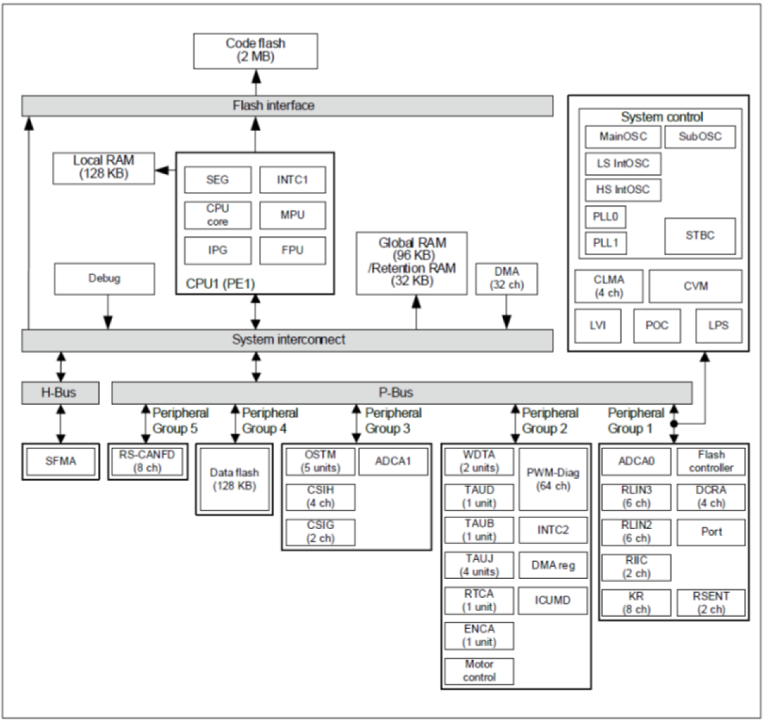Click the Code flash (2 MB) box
tap(255, 51)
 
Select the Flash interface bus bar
tap(287, 106)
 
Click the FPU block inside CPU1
tap(292, 250)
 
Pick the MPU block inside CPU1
tap(292, 215)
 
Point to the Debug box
tap(104, 279)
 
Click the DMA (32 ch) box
tap(506, 279)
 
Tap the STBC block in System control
tap(699, 236)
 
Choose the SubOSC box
tap(699, 137)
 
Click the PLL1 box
tap(605, 243)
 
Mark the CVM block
tap(695, 286)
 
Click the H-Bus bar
tap(60, 393)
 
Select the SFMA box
tap(60, 461)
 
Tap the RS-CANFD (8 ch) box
tap(147, 461)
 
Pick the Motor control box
tap(479, 671)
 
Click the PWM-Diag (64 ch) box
tap(553, 479)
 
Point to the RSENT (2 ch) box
tap(711, 603)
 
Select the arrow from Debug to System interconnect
tap(108, 312)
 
